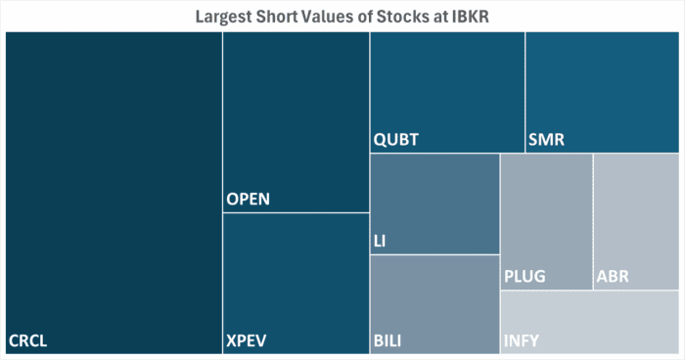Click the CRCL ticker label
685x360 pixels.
(28, 341)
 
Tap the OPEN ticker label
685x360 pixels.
(248, 201)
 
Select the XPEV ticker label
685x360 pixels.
(247, 341)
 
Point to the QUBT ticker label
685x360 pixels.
(396, 140)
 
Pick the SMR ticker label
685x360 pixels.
(546, 140)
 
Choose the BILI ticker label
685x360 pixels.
(388, 341)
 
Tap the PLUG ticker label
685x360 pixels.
(525, 277)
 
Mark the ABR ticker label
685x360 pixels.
(613, 277)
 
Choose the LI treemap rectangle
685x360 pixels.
(434, 201)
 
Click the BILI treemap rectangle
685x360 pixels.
(434, 298)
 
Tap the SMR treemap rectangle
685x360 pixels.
(601, 88)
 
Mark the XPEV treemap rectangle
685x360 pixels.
(296, 274)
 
